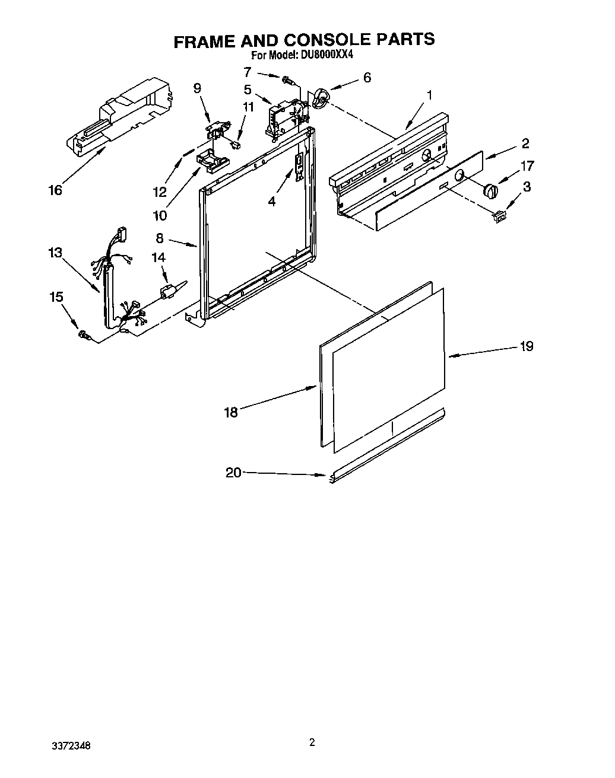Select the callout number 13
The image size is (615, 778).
click(55, 253)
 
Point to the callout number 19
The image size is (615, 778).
click(526, 346)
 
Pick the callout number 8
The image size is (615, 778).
click(160, 238)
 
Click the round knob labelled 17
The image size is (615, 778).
click(490, 190)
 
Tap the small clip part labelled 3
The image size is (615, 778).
click(499, 218)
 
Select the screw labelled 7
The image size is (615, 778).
click(288, 79)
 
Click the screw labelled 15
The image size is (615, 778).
click(84, 336)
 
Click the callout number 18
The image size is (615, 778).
click(231, 412)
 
